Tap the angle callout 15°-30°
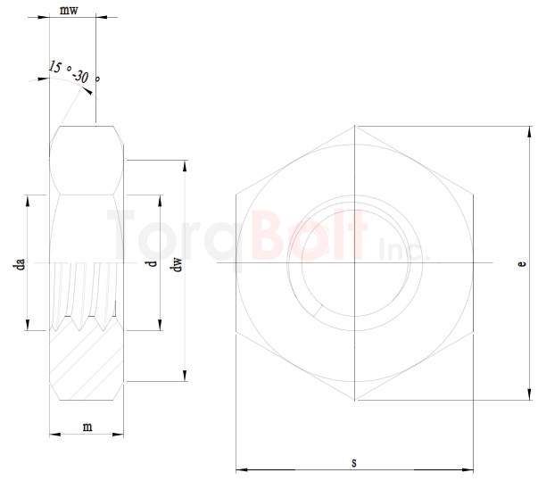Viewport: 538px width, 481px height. click(x=73, y=72)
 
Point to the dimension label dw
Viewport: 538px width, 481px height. click(x=177, y=265)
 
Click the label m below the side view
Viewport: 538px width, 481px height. click(x=87, y=427)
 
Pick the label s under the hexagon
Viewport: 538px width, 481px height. click(x=354, y=461)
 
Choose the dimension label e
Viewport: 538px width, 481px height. click(x=522, y=264)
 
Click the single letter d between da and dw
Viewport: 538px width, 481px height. click(x=153, y=263)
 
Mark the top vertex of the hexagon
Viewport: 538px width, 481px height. click(x=354, y=126)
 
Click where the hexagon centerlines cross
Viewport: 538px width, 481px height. click(x=354, y=263)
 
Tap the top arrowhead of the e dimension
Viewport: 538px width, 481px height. click(x=528, y=130)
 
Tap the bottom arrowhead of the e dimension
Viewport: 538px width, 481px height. click(x=528, y=395)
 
